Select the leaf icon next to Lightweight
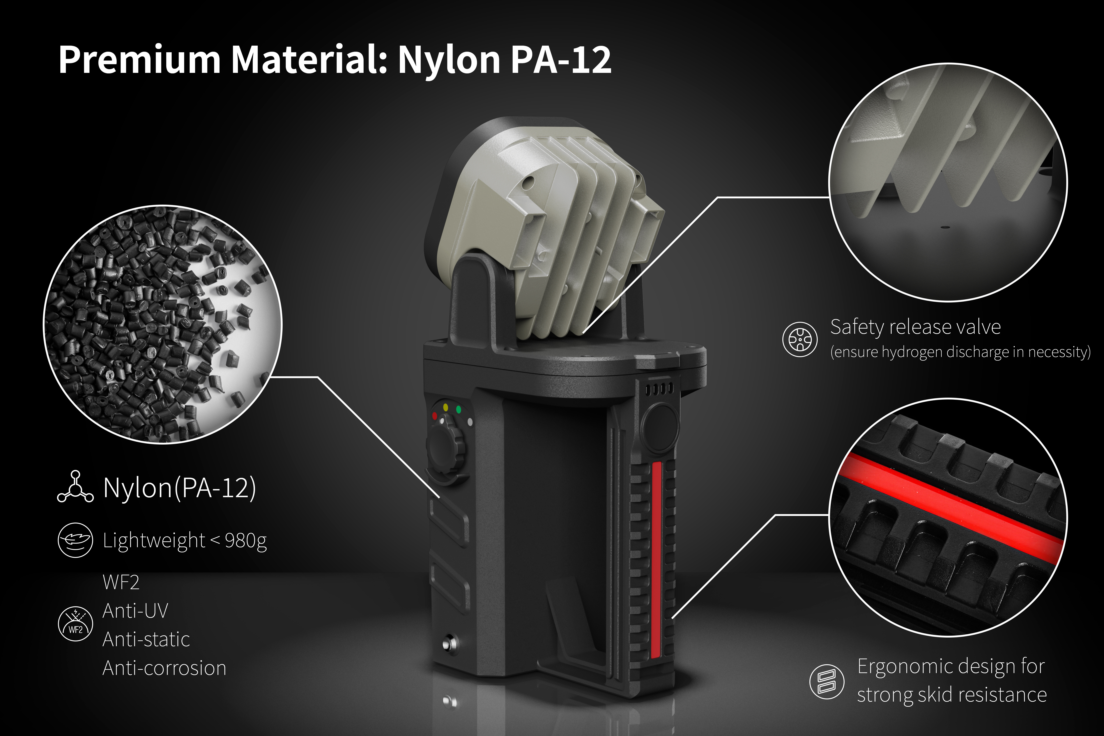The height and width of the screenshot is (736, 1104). click(x=75, y=540)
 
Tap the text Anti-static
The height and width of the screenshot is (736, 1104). click(x=146, y=639)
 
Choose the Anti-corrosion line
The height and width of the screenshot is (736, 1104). click(x=164, y=668)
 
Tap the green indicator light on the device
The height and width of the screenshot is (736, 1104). click(x=459, y=409)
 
